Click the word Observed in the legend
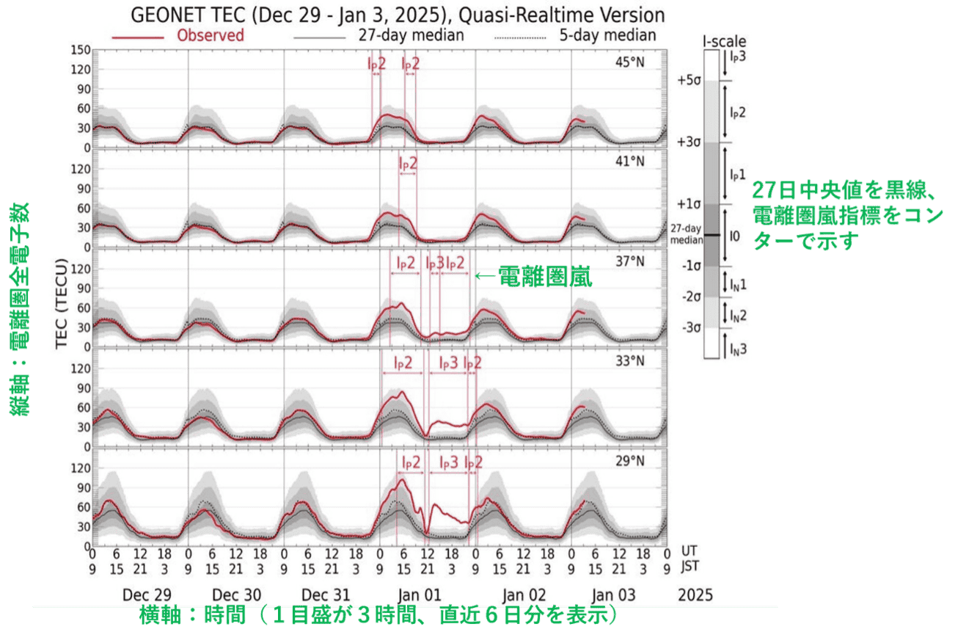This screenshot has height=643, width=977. pos(211,35)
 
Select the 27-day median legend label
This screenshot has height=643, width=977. pos(411,35)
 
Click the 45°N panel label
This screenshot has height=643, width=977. pos(629,62)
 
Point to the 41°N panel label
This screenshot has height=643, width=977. pos(629,161)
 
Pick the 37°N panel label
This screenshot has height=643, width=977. pos(629,261)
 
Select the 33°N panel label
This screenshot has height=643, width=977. pos(629,361)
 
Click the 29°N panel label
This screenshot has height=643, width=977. pos(629,461)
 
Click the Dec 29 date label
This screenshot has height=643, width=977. pos(140,595)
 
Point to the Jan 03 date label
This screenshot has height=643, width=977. pos(613,595)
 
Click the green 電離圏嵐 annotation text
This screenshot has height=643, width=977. pos(544,277)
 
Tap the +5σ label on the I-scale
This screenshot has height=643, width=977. pos(689,81)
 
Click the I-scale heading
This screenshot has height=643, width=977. pos(724,42)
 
